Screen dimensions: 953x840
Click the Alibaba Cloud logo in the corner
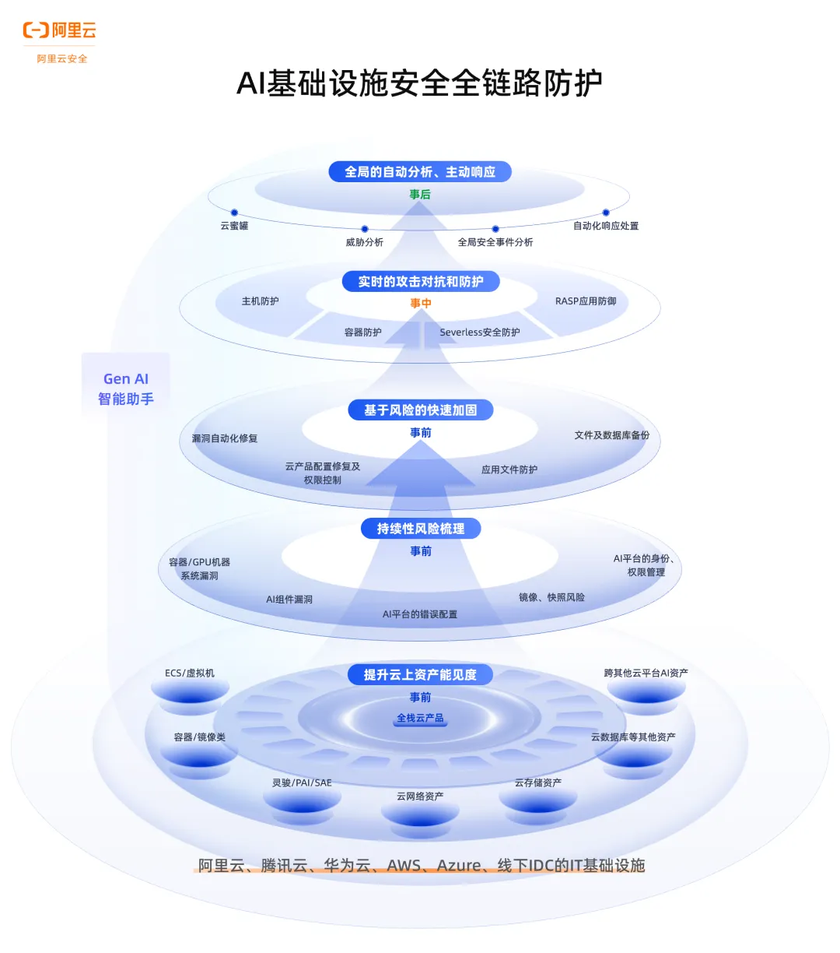(60, 31)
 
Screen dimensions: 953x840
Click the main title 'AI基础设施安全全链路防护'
(419, 83)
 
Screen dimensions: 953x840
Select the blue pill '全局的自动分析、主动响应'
(420, 172)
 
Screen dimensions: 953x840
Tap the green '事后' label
(420, 195)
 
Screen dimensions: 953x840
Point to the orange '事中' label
(421, 304)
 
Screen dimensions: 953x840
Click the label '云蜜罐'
(234, 226)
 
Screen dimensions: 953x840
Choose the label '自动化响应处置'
(606, 226)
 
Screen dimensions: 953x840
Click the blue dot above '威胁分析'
(365, 229)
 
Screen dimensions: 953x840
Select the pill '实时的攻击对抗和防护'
(420, 282)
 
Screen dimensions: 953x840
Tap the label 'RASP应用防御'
(586, 301)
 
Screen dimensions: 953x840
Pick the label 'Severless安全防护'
(480, 332)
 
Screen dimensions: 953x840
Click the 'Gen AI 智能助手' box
(126, 389)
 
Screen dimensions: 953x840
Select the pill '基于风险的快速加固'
(420, 410)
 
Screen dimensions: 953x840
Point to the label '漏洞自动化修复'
(225, 438)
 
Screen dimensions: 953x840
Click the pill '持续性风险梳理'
(421, 529)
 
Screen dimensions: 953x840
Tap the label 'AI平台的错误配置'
(420, 614)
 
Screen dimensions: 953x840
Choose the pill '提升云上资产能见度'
(420, 675)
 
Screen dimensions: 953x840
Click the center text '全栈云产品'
(420, 718)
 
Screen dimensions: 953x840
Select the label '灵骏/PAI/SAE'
(302, 782)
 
